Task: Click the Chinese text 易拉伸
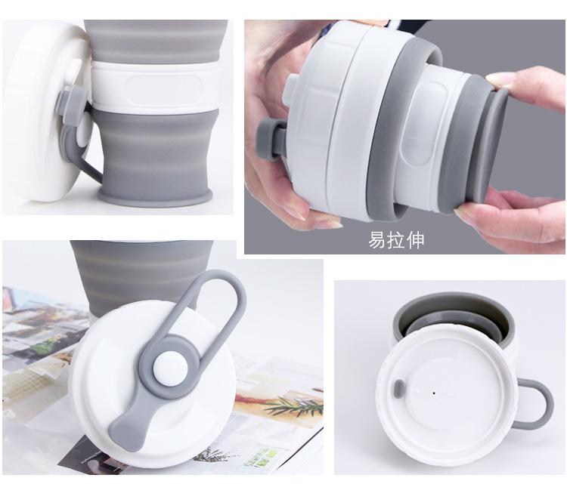(x=396, y=240)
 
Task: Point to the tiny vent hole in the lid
(x=432, y=392)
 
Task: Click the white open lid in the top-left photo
(x=34, y=113)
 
